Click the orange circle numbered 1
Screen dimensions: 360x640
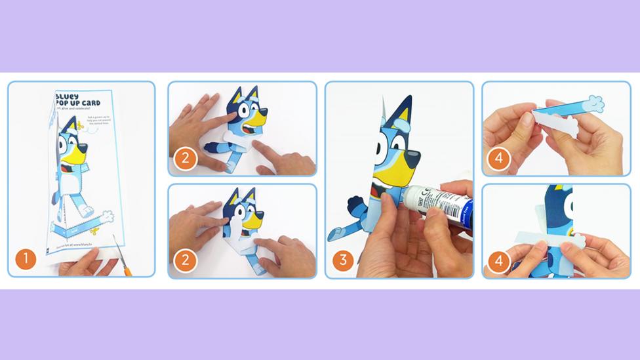[26, 259]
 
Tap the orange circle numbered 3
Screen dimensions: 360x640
[342, 260]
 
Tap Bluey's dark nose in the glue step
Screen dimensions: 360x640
[412, 159]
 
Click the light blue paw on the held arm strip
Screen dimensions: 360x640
[594, 104]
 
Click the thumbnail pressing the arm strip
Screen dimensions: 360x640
[529, 119]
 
